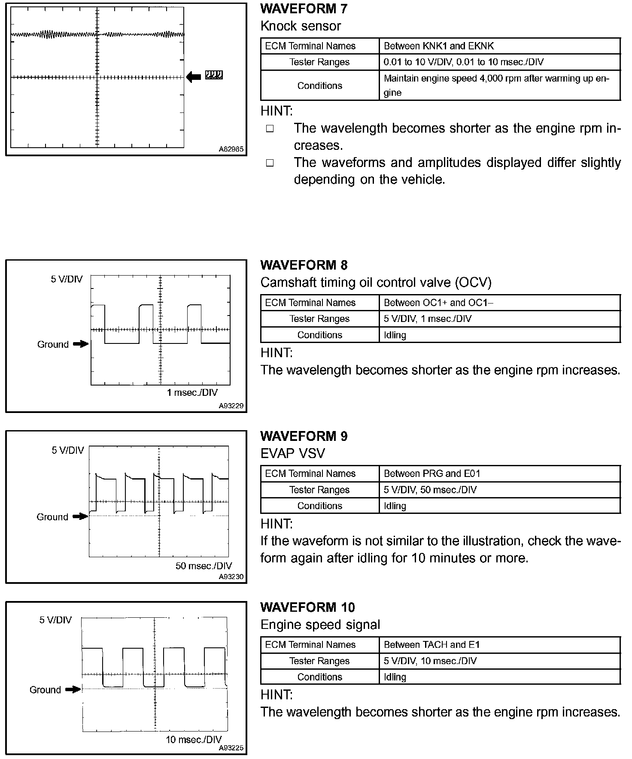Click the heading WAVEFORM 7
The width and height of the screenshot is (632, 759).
pos(304,9)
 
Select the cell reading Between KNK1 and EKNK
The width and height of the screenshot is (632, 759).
pos(438,46)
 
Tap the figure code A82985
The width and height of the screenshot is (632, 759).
pos(231,149)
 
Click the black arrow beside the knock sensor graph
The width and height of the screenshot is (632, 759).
pos(194,77)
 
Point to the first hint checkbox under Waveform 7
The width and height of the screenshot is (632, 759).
pos(270,128)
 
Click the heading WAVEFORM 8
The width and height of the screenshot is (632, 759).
pos(304,265)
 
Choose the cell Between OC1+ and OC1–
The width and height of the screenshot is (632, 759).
pos(438,303)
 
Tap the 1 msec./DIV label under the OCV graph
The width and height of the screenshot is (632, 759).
pos(192,392)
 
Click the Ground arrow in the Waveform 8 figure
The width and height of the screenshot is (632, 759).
pos(81,344)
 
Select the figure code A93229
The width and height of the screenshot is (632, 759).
pos(231,406)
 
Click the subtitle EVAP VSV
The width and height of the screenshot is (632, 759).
pos(293,453)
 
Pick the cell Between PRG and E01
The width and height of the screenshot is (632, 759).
pos(431,474)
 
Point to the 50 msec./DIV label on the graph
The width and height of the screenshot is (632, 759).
pos(204,566)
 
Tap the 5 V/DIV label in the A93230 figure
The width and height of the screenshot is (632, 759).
pos(68,450)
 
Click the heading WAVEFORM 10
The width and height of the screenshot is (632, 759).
pos(307,607)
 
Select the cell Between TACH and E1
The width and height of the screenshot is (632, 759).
pos(431,644)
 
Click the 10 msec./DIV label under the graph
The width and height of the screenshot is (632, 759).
pos(194,739)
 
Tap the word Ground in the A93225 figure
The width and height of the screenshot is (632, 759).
pos(45,690)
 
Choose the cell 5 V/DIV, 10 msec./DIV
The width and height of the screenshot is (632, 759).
pos(430,661)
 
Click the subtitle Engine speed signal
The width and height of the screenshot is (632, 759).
pos(320,625)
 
